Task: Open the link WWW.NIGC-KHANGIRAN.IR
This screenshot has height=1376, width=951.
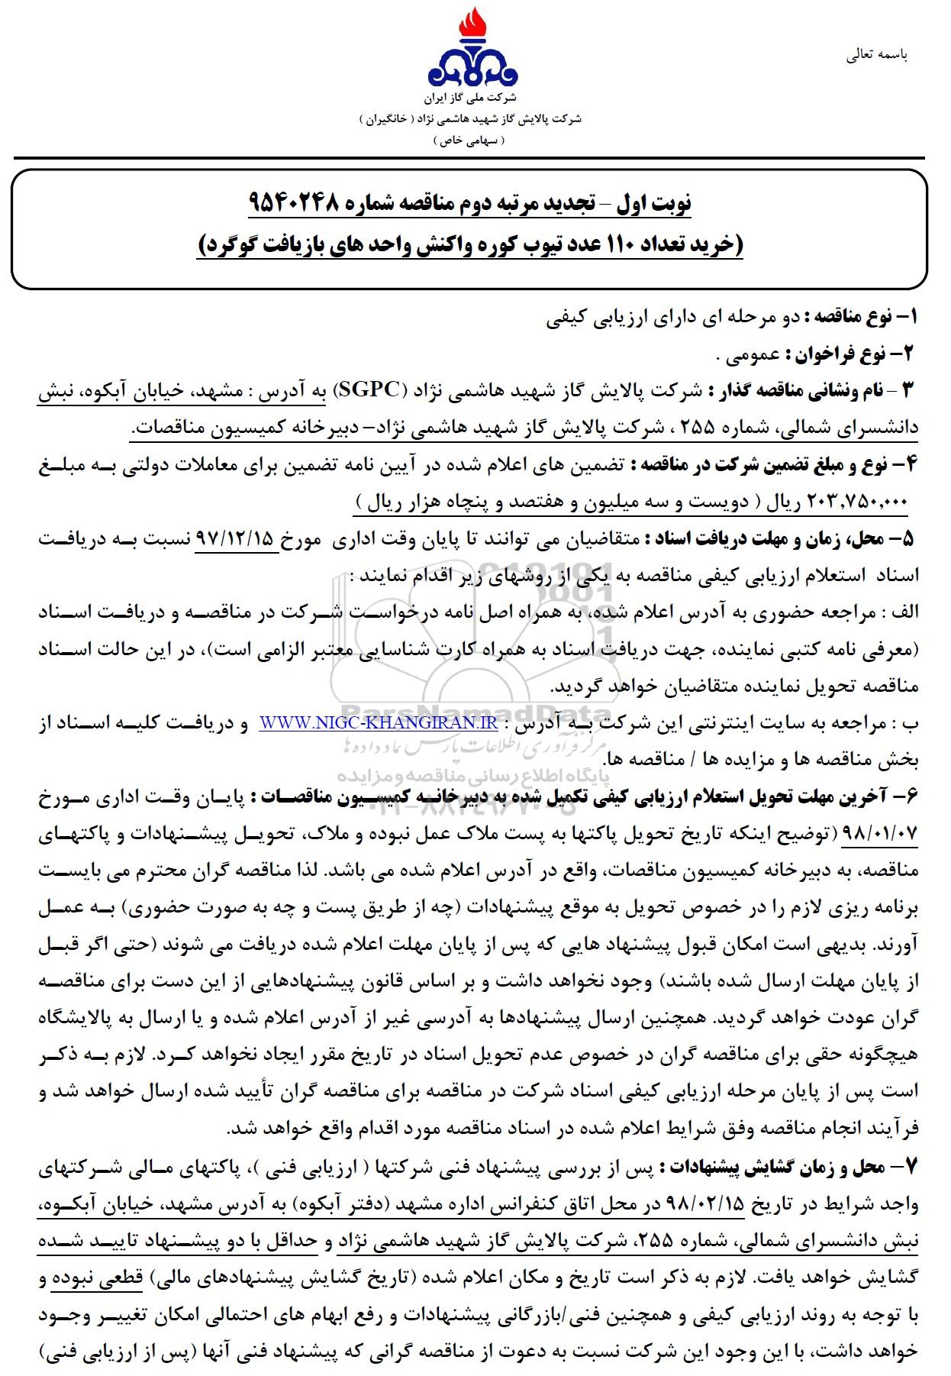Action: [x=379, y=722]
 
